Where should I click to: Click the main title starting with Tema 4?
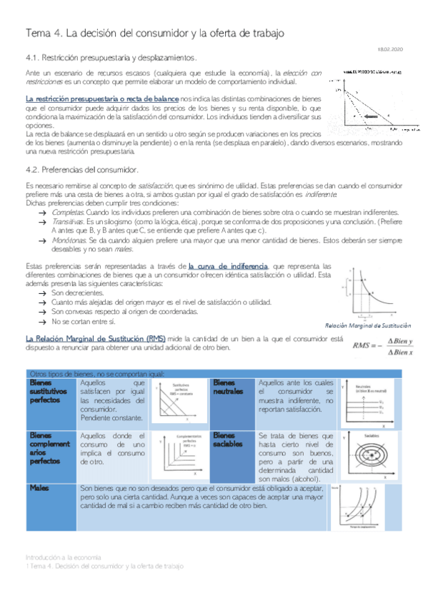tap(154, 33)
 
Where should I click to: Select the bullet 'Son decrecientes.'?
tap(76, 293)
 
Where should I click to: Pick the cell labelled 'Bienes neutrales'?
tap(227, 387)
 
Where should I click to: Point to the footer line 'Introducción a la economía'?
tap(64, 556)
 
